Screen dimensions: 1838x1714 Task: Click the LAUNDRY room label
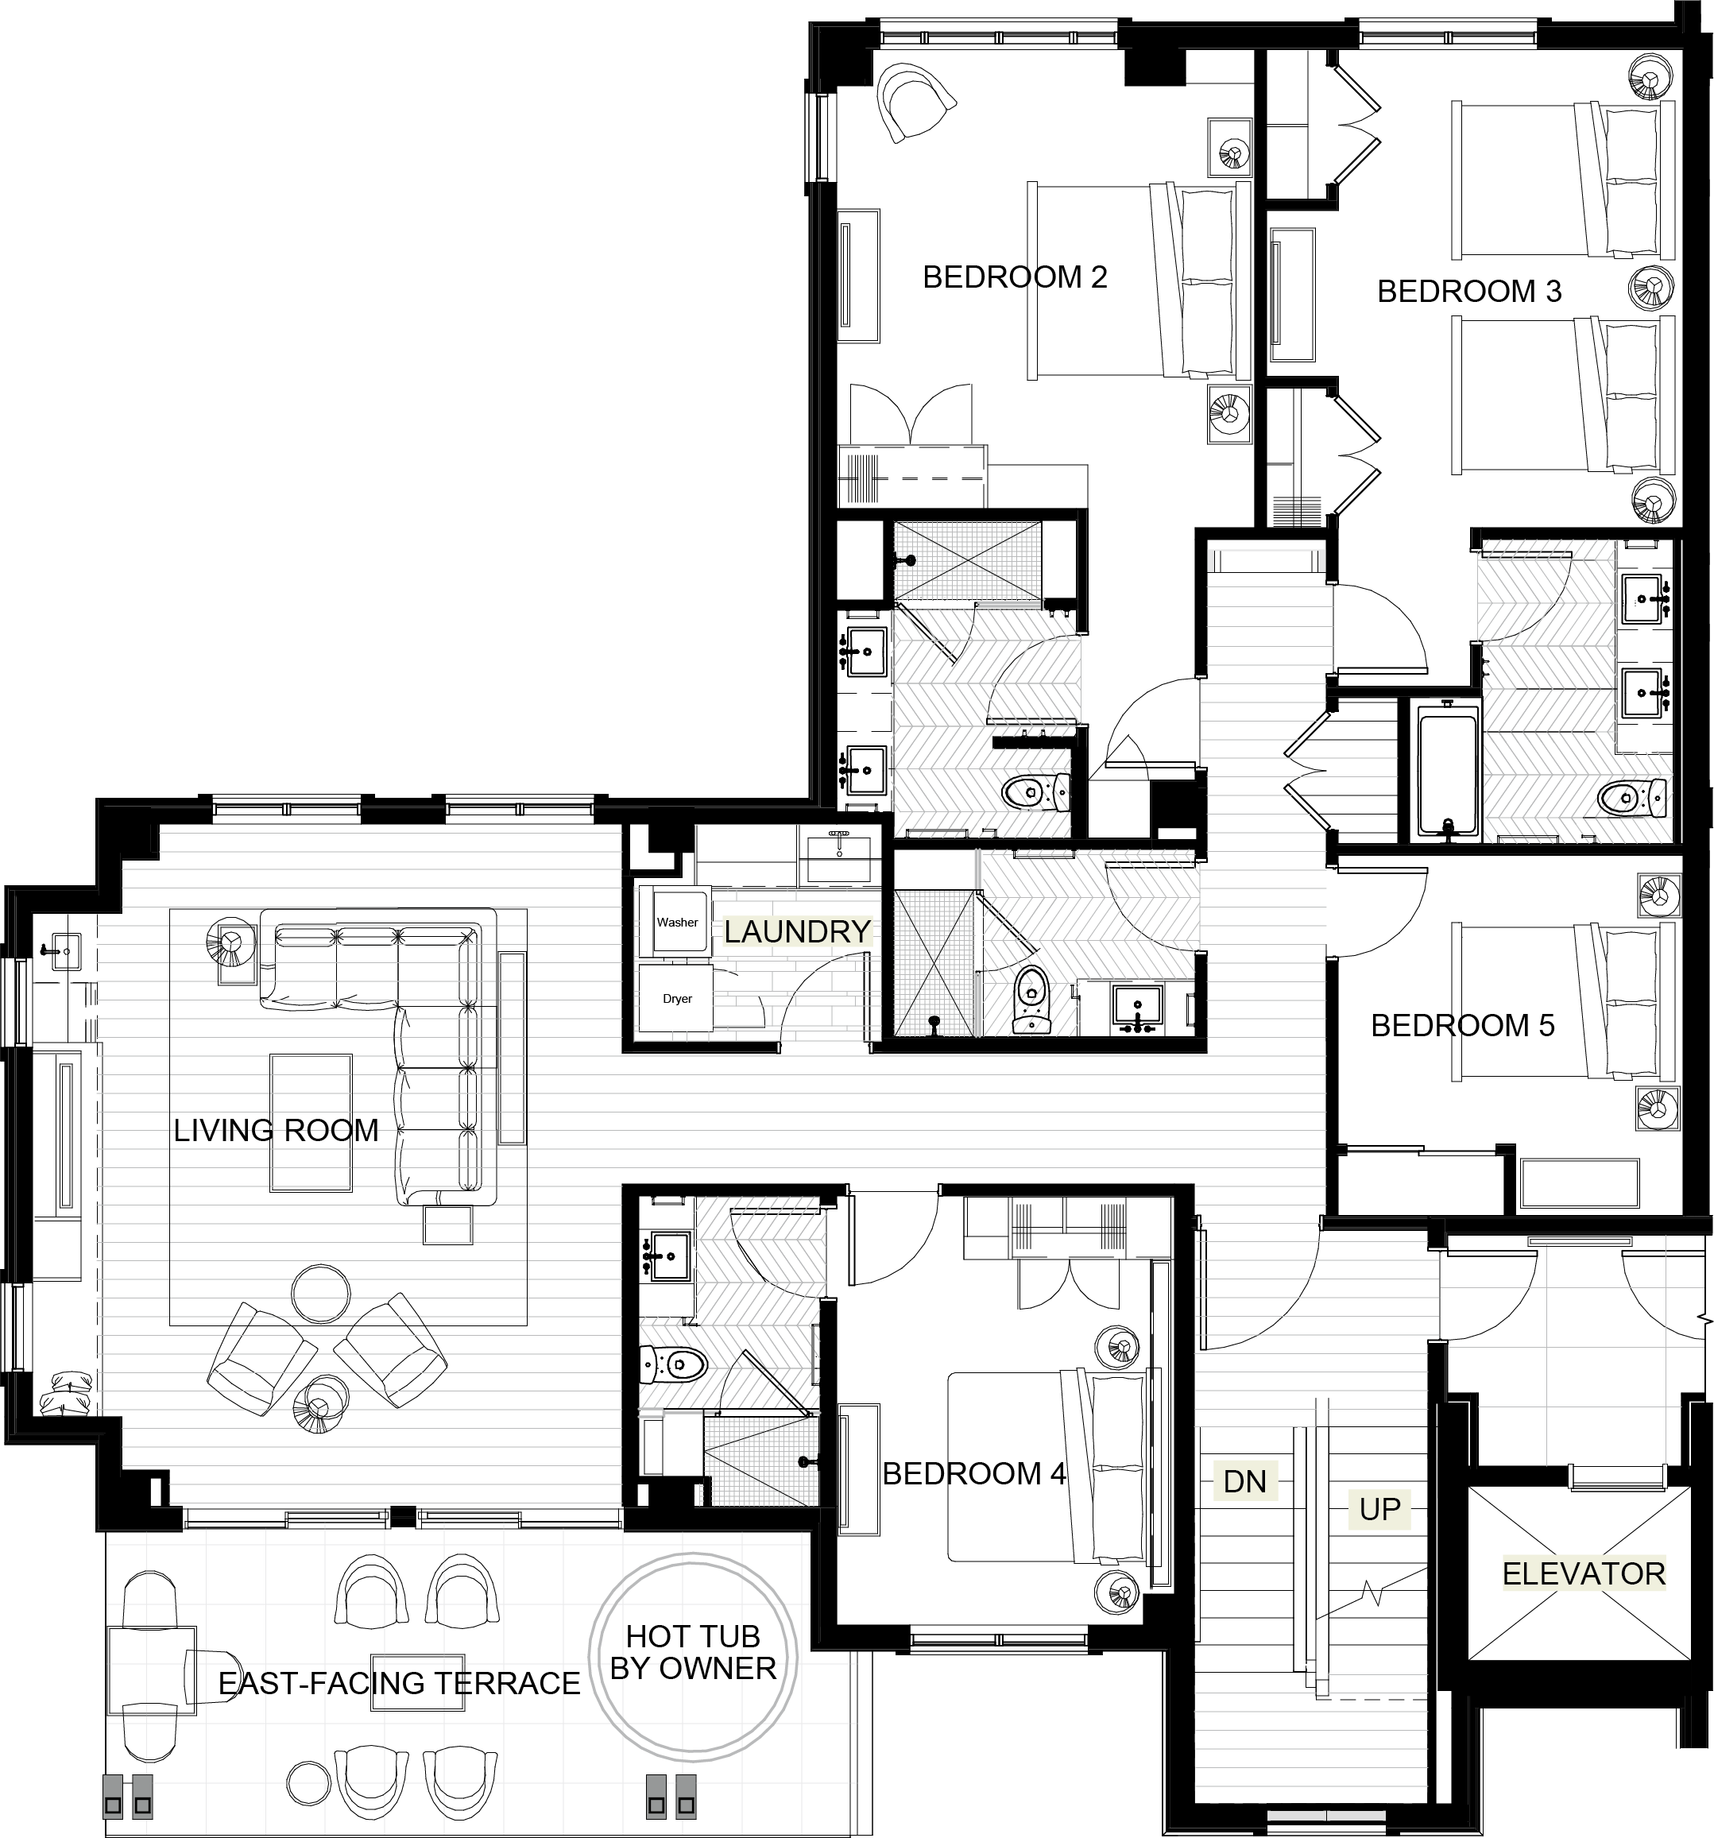pyautogui.click(x=797, y=931)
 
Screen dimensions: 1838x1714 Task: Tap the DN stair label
pyautogui.click(x=1244, y=1482)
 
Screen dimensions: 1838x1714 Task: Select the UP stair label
pyautogui.click(x=1379, y=1510)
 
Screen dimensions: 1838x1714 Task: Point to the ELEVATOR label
pyautogui.click(x=1583, y=1573)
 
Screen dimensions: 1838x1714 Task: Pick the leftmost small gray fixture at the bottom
pyautogui.click(x=113, y=1797)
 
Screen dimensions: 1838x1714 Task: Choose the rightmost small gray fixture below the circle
pyautogui.click(x=686, y=1797)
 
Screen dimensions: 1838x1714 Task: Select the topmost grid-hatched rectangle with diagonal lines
pyautogui.click(x=967, y=560)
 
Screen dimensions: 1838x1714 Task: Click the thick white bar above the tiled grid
pyautogui.click(x=458, y=1549)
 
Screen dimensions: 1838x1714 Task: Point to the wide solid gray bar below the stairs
pyautogui.click(x=1310, y=1794)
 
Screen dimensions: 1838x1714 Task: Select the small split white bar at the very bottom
pyautogui.click(x=1325, y=1816)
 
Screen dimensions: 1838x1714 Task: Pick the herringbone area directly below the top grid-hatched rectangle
pyautogui.click(x=984, y=722)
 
